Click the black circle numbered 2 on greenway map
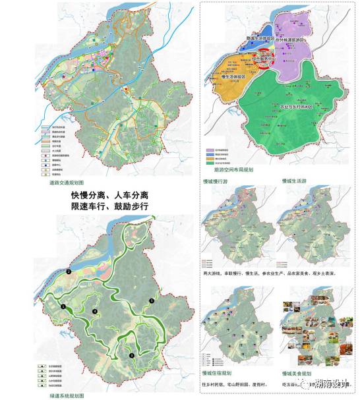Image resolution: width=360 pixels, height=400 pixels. pos(69,271)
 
